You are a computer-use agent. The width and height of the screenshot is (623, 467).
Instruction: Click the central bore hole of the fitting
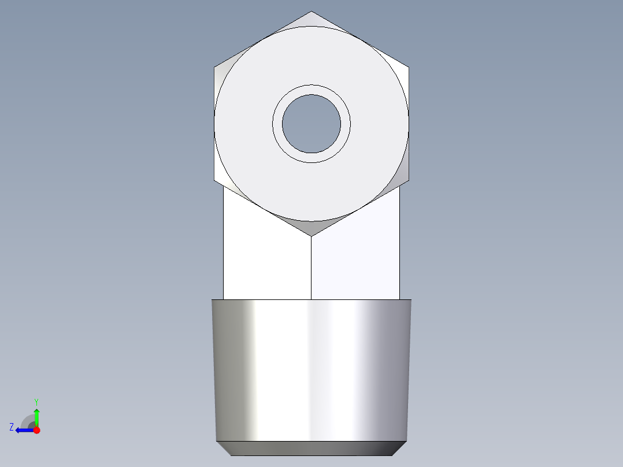click(311, 124)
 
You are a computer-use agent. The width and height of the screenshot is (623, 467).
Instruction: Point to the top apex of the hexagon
click(311, 11)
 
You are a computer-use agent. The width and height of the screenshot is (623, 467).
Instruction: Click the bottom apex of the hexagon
click(311, 236)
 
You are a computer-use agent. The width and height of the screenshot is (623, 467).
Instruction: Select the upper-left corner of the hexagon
click(214, 68)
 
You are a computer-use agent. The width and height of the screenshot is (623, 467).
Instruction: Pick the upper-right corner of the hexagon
click(409, 68)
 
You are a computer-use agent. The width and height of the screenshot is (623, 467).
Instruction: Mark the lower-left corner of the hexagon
click(214, 180)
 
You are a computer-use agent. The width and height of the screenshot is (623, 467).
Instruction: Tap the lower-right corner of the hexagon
click(409, 180)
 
